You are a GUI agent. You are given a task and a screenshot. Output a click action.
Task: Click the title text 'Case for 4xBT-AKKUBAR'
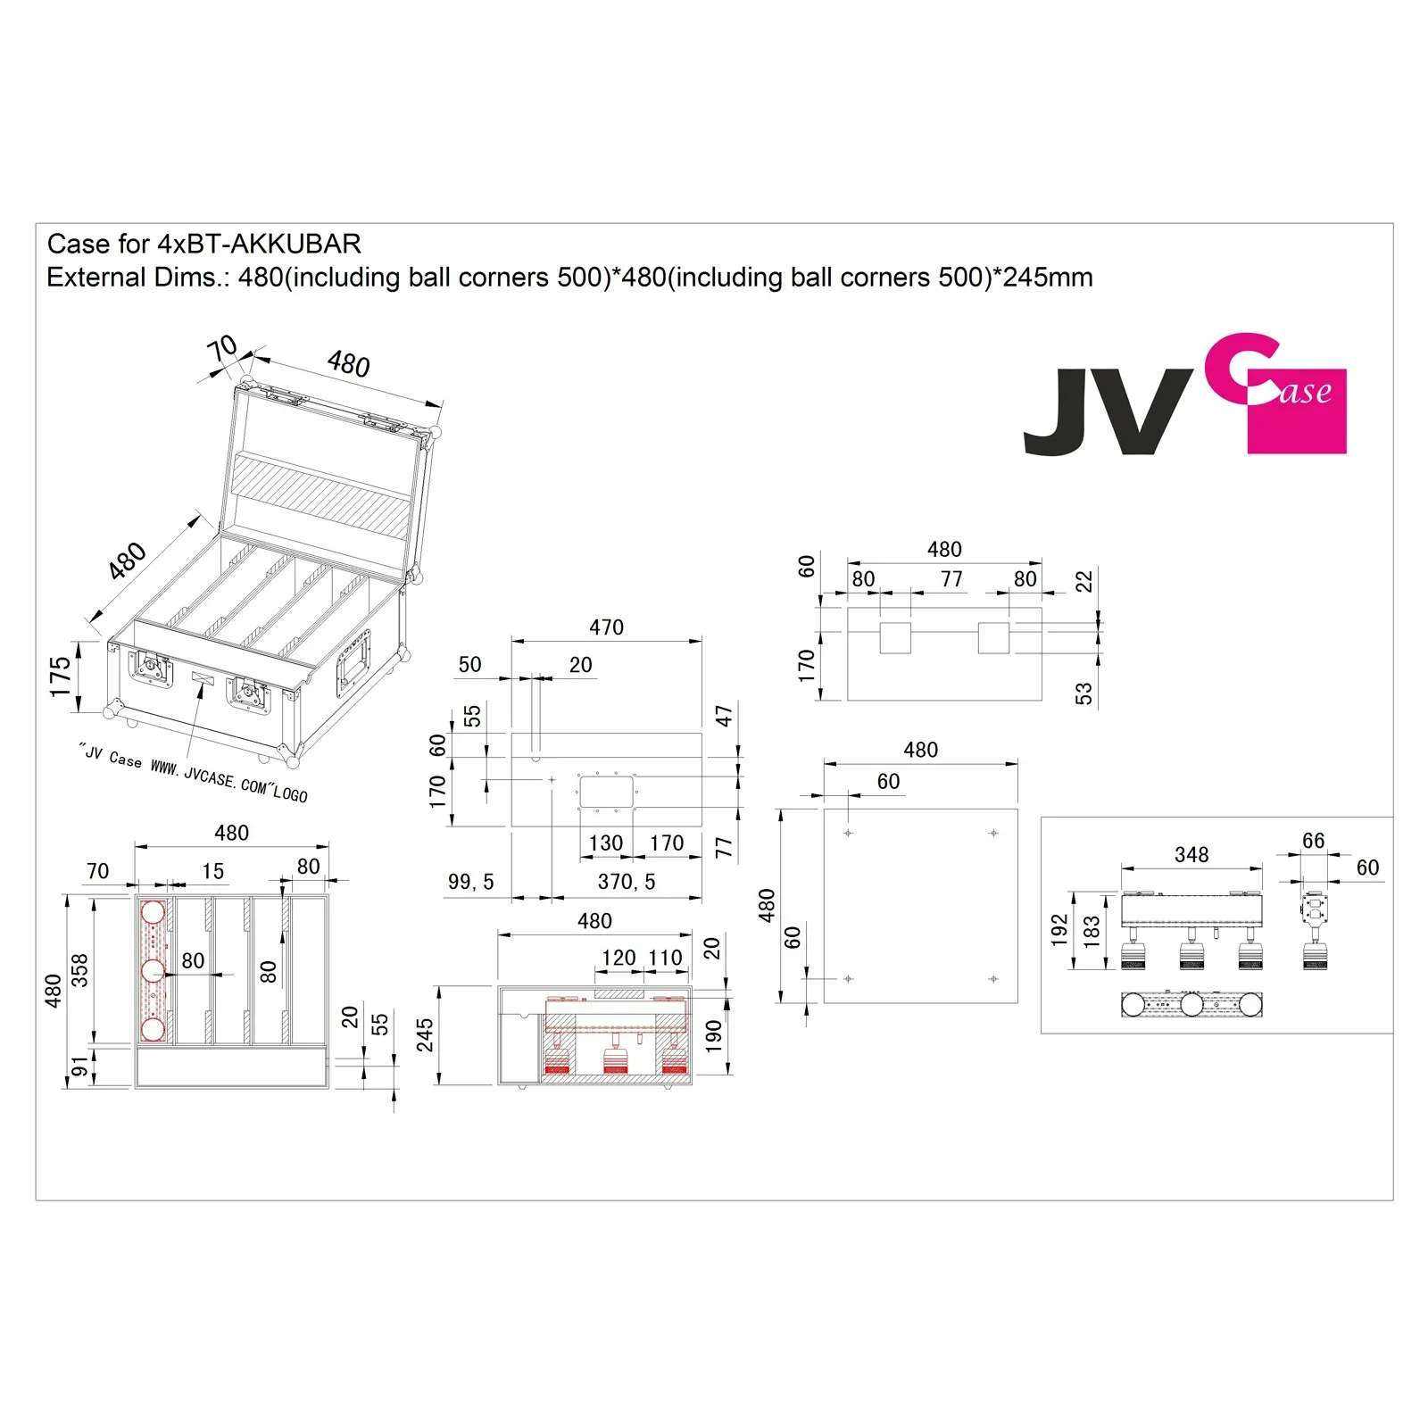[x=203, y=244]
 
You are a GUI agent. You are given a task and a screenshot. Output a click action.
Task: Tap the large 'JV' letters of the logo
[x=1107, y=411]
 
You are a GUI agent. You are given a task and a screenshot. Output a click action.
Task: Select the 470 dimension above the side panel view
[x=606, y=627]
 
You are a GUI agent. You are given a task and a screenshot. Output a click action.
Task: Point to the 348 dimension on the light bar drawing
[x=1191, y=854]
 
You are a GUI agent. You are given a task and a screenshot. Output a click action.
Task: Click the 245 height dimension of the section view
[x=425, y=1034]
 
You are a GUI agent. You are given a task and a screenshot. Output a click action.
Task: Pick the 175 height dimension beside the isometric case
[x=60, y=676]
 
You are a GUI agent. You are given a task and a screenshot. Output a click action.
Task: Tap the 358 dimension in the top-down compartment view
[x=79, y=970]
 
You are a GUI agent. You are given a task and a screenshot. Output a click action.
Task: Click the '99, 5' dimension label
[x=470, y=882]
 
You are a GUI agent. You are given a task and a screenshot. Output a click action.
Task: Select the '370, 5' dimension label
[x=626, y=882]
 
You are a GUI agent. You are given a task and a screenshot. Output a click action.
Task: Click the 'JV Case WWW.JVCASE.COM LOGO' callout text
[x=193, y=772]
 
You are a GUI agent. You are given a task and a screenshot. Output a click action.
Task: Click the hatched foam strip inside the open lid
[x=320, y=495]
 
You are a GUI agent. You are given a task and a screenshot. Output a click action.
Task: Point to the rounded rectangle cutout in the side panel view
[x=606, y=792]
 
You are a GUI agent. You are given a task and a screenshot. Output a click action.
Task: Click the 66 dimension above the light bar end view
[x=1313, y=840]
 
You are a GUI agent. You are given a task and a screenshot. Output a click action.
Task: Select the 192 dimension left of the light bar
[x=1059, y=929]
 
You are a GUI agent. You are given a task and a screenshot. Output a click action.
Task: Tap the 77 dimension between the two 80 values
[x=951, y=579]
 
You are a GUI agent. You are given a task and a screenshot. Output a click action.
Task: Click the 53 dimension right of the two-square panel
[x=1083, y=693]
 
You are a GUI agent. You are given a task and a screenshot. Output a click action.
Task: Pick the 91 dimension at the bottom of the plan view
[x=79, y=1067]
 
